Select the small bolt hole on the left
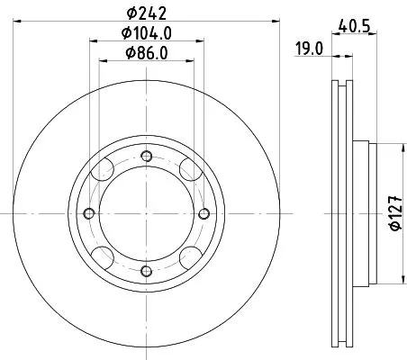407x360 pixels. pyautogui.click(x=88, y=213)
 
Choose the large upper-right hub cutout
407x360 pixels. pyautogui.click(x=187, y=172)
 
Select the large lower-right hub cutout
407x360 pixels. pyautogui.click(x=187, y=255)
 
